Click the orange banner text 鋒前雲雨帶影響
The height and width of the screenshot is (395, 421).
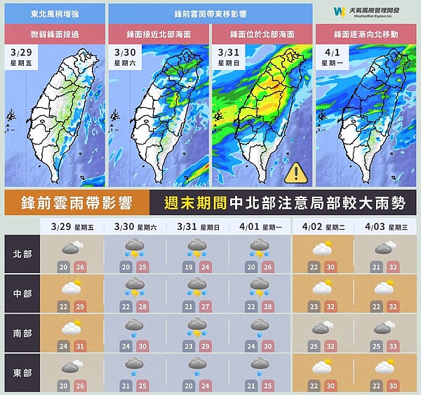pos(75,204)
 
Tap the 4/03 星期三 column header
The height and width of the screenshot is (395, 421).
pos(384,227)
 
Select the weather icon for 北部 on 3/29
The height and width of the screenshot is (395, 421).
pos(71,247)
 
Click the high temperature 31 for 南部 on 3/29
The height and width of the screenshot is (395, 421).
pos(79,345)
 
